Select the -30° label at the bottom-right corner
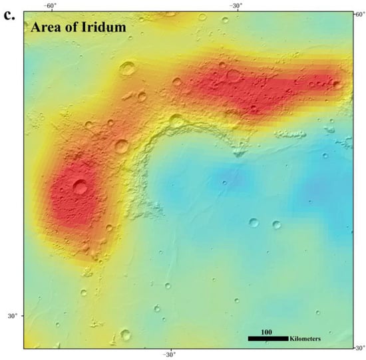coord(357,347)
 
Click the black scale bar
coord(268,339)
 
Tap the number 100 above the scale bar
coord(266,331)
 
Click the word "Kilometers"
coord(305,339)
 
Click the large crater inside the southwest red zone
coord(81,187)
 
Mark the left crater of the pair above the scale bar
coord(254,223)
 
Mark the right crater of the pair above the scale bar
coord(275,226)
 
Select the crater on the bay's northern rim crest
coord(176,120)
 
